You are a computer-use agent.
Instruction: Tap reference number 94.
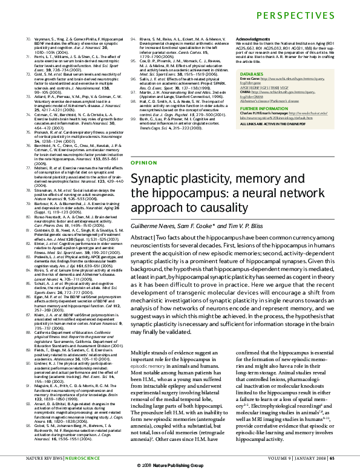pos(134,38)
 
